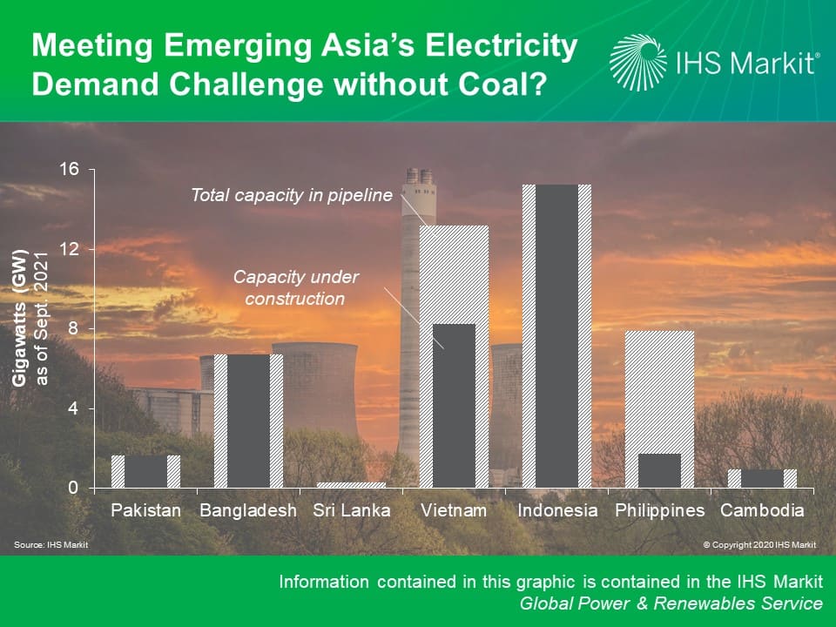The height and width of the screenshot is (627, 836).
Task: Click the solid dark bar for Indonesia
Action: pos(556,336)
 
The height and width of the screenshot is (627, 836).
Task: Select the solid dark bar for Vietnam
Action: pos(454,406)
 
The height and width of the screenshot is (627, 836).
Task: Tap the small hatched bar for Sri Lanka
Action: pos(351,485)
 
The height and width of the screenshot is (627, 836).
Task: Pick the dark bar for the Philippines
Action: pos(659,471)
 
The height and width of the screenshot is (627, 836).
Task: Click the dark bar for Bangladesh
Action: pos(248,421)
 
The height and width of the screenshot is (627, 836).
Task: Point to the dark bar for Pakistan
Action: pos(145,471)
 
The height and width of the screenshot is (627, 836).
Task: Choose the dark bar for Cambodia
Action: pos(763,479)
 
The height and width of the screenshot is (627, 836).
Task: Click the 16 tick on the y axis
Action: pos(70,169)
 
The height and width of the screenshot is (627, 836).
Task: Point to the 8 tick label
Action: pos(73,328)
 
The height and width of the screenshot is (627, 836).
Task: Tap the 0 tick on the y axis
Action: pos(73,488)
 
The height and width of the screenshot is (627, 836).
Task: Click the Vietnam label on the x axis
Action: pos(454,510)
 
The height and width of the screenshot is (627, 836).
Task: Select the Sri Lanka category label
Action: pos(351,510)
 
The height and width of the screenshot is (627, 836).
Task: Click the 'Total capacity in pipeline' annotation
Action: pos(292,195)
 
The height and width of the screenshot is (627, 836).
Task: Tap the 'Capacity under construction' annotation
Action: pos(295,288)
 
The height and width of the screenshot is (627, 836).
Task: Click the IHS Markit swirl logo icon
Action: pos(637,63)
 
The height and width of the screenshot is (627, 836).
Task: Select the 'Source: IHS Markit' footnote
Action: pos(51,544)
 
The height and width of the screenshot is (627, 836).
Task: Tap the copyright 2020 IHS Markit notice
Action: pos(759,544)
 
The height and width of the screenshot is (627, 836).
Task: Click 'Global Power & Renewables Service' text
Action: pos(671,603)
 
